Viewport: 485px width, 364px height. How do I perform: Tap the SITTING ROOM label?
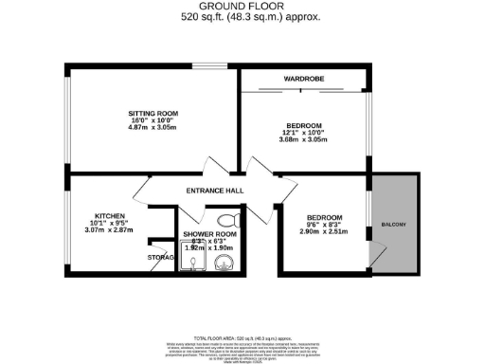pos(153,114)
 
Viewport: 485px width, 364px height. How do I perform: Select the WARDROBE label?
pos(304,78)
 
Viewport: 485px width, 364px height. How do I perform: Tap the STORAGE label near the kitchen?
pos(160,256)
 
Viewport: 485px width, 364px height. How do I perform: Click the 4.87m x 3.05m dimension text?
pos(153,130)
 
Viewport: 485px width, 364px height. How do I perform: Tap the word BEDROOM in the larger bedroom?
pos(304,124)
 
